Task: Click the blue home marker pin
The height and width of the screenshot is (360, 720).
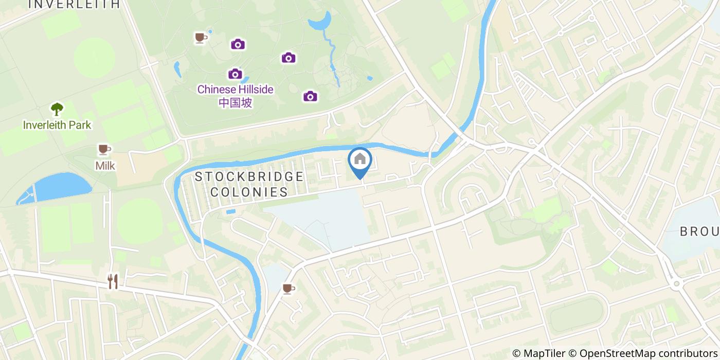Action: point(360,160)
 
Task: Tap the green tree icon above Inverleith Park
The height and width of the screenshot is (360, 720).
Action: point(57,109)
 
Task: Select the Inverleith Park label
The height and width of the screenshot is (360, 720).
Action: point(57,124)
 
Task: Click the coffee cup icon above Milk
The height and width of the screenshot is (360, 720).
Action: point(104,150)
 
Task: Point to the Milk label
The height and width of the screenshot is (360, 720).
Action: point(105,166)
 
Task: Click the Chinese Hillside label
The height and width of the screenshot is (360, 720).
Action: point(235,89)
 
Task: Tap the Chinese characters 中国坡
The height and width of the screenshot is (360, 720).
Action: point(235,102)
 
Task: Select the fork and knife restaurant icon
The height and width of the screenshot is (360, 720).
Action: point(113,281)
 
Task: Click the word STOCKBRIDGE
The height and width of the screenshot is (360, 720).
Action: point(249,177)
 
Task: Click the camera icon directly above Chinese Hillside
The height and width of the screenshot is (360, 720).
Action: point(235,74)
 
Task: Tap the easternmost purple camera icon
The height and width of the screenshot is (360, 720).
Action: point(310,96)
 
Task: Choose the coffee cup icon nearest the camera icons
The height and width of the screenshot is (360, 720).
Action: point(201,38)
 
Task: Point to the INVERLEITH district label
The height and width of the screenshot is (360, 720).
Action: point(73,4)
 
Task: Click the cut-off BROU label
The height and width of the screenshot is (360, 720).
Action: point(699,231)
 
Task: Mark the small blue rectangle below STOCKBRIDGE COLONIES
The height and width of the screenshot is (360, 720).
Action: point(230,211)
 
